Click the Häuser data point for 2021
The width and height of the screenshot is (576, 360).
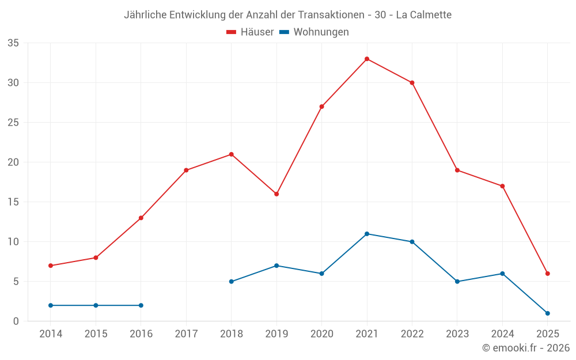(x=367, y=59)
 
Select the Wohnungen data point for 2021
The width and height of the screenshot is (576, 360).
(x=367, y=234)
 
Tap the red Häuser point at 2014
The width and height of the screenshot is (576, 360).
(x=51, y=266)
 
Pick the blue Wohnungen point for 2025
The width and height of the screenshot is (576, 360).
(x=548, y=313)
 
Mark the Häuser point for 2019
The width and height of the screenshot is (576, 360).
(x=276, y=194)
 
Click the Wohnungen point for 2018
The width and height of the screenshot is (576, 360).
(x=231, y=282)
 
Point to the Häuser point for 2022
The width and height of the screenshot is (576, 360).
(x=412, y=82)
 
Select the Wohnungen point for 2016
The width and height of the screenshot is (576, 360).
(x=141, y=305)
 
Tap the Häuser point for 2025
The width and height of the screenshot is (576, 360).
(x=548, y=274)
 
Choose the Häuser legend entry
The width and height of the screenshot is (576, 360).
(x=250, y=32)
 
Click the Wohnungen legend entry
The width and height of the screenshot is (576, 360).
(x=314, y=32)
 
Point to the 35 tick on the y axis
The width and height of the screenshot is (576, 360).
(x=13, y=43)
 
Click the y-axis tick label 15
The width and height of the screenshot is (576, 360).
(x=13, y=202)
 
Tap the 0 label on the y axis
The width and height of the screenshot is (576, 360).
(x=16, y=321)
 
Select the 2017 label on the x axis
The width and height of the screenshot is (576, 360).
(x=186, y=334)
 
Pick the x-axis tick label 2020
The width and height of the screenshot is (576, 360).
(x=321, y=334)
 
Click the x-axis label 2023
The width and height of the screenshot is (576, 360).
(x=457, y=334)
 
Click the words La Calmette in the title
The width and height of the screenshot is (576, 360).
(x=424, y=14)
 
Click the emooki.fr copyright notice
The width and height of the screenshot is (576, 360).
(x=526, y=348)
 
